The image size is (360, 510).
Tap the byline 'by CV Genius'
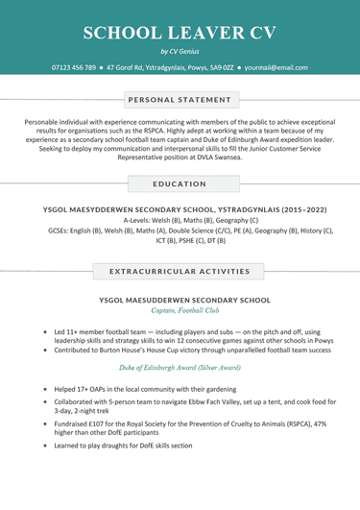tap(180, 52)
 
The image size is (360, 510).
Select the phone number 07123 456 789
tap(74, 68)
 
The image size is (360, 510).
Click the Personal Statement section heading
tap(180, 98)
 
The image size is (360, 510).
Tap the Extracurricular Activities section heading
tap(180, 272)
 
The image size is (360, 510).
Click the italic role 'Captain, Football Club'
tap(180, 311)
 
